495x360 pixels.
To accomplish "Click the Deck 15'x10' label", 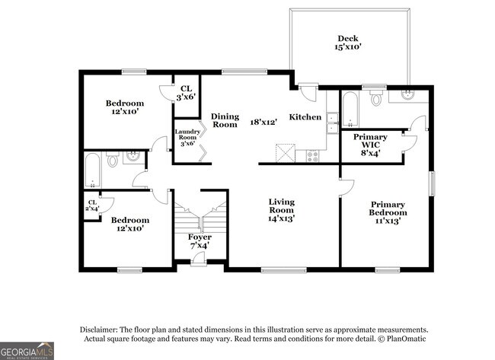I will pos(349,43).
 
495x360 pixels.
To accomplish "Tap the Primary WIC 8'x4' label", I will pos(369,145).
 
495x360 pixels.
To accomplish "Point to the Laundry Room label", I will pos(187,138).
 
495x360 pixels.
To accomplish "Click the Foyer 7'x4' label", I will pos(200,241).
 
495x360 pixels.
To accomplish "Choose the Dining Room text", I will pos(225,119).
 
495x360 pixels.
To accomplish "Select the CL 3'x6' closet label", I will pos(186,93).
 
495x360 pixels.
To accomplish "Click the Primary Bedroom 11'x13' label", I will pos(388,212).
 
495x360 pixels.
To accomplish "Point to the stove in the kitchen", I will pos(312,156).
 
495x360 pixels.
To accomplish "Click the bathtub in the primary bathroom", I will pos(350,109).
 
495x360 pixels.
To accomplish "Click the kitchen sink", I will pos(332,122).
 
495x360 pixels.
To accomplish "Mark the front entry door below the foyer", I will pos(199,260).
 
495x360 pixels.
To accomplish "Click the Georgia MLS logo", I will pos(27,350).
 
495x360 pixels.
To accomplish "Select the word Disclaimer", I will pos(101,330).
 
